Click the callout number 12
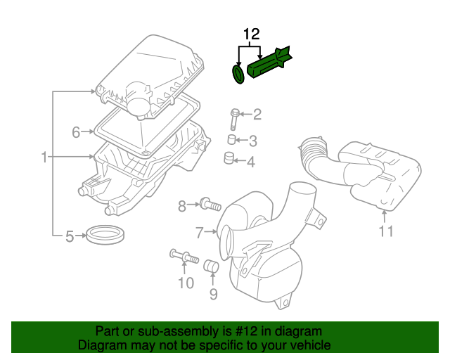252,34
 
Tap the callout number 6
75,131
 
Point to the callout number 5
70,236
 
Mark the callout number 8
181,205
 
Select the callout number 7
199,232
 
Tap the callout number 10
185,283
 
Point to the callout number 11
385,231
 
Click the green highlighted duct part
271,63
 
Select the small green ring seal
238,73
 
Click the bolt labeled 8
209,205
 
